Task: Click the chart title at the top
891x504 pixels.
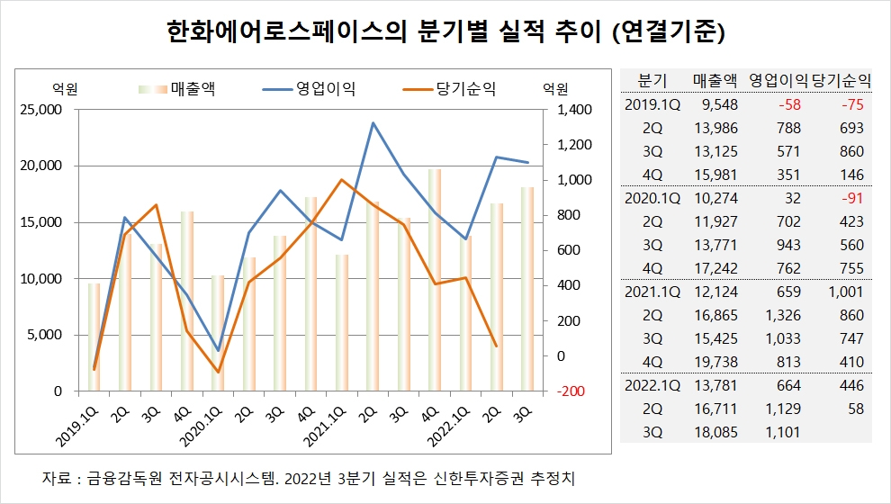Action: pos(445,32)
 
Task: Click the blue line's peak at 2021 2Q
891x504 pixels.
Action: pos(373,123)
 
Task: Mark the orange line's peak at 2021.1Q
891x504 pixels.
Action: pos(341,180)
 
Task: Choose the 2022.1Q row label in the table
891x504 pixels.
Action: pos(652,385)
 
